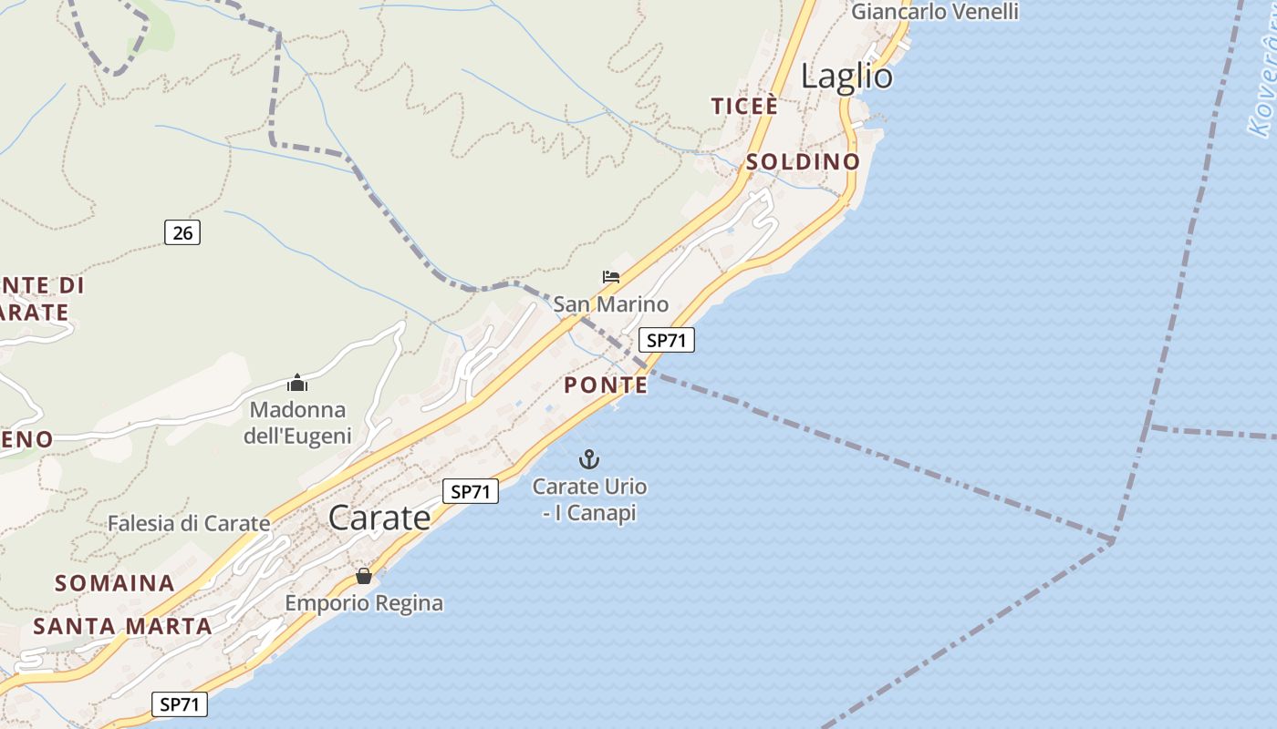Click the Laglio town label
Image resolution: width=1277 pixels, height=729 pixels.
[x=846, y=77]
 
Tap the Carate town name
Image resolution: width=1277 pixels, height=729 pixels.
[x=379, y=518]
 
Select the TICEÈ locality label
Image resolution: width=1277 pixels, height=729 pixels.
[x=745, y=107]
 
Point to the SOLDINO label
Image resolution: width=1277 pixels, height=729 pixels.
[x=803, y=162]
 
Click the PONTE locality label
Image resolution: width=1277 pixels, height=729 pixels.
[x=606, y=385]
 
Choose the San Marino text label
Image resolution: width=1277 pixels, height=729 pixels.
[x=610, y=304]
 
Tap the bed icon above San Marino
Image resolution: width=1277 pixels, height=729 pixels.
[x=611, y=277]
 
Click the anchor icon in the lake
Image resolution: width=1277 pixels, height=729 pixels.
[x=589, y=458]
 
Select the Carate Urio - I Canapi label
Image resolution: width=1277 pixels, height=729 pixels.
[x=589, y=499]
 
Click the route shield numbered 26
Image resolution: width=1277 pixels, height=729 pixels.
[x=182, y=232]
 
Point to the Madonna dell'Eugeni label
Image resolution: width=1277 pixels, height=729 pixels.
[x=297, y=423]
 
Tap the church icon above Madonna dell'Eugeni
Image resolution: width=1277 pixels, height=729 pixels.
[x=297, y=383]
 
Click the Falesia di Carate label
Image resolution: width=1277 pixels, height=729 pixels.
[x=189, y=524]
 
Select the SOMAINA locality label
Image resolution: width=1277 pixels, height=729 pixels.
[x=115, y=583]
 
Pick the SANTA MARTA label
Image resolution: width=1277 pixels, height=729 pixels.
[x=122, y=627]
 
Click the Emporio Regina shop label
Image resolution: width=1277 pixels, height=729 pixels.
[x=364, y=603]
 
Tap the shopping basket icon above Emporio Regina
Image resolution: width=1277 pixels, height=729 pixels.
[x=364, y=576]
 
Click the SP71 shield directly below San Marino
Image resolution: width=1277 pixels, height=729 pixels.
[x=666, y=341]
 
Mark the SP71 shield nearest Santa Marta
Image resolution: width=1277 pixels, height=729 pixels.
[x=179, y=704]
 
